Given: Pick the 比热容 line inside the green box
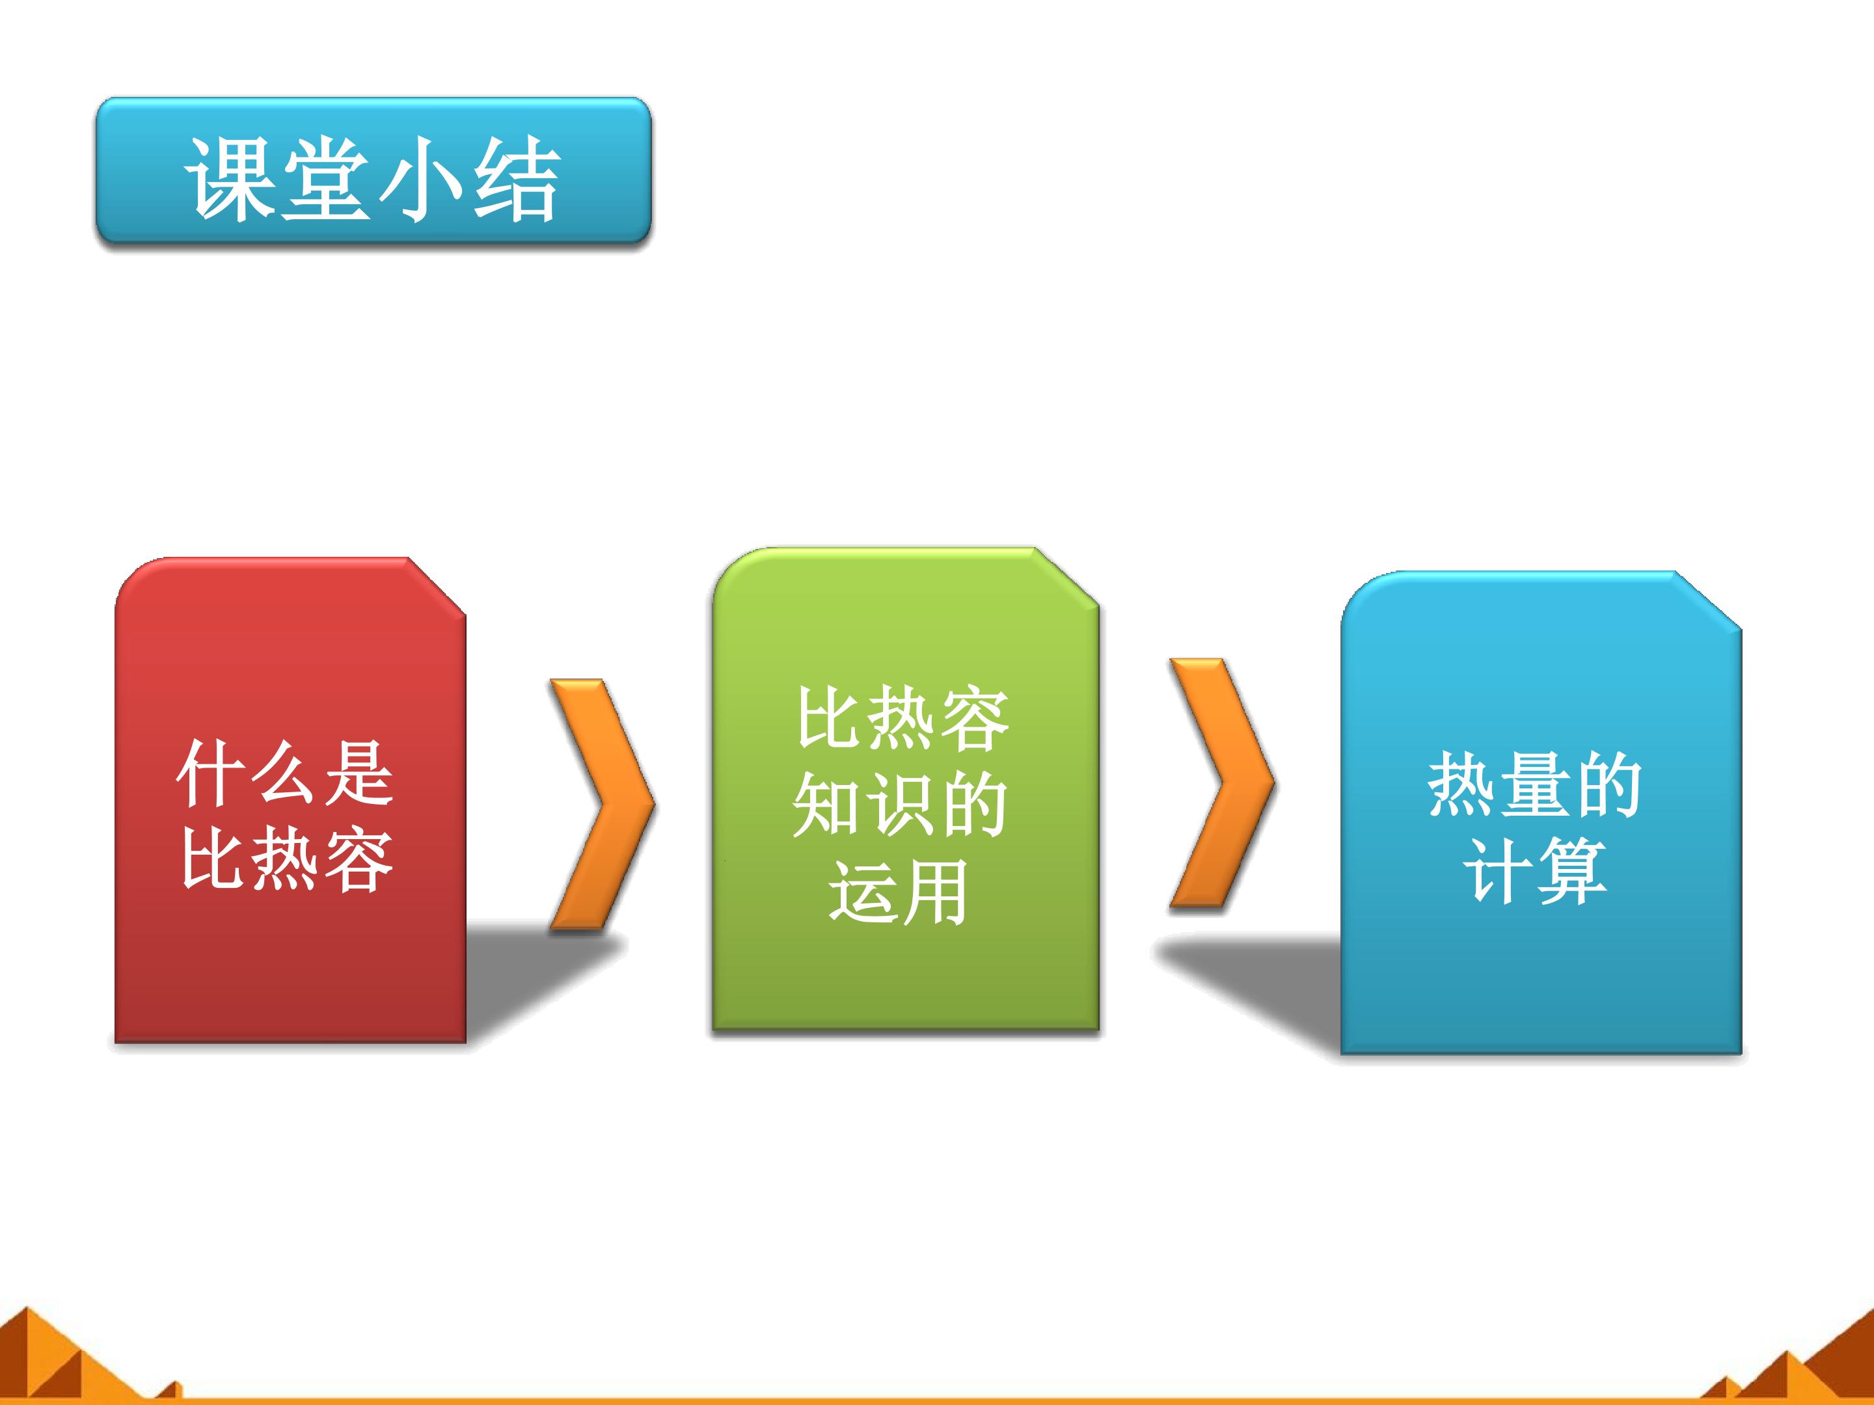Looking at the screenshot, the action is tap(903, 718).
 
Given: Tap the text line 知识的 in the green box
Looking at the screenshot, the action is tap(900, 805).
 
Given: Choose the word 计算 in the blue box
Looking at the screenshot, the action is tap(1534, 872).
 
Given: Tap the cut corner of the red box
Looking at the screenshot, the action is tap(437, 585).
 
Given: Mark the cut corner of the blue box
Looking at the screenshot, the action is tap(1709, 600).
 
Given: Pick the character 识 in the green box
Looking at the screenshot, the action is tap(900, 805).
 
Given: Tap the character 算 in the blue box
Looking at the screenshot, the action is tap(1571, 872).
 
